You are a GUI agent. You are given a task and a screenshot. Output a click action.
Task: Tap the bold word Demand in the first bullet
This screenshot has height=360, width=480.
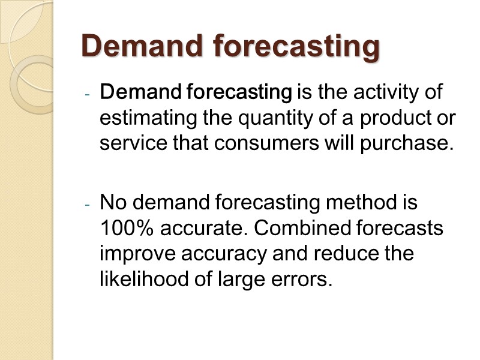[x=140, y=93]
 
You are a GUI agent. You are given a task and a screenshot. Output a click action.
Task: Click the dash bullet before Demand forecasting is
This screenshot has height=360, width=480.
[x=87, y=95]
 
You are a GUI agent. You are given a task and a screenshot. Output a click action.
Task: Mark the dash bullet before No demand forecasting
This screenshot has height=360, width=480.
[x=87, y=205]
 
